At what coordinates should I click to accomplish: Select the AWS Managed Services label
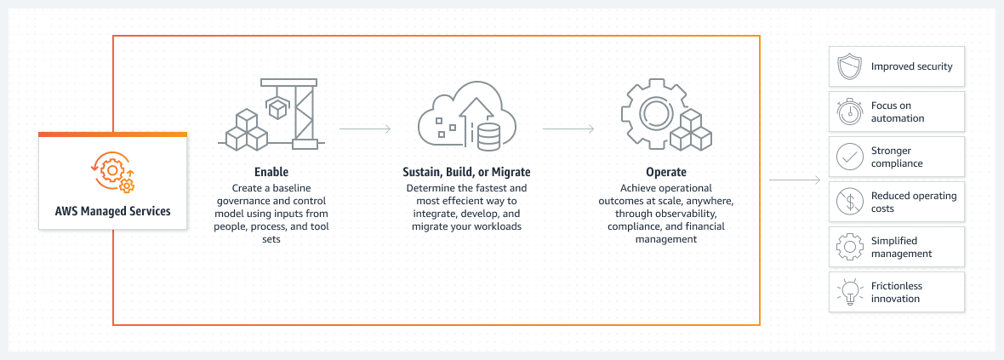pyautogui.click(x=113, y=211)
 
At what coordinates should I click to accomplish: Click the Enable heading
pyautogui.click(x=271, y=172)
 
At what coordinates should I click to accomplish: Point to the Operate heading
pyautogui.click(x=666, y=173)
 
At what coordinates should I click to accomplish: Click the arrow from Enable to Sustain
pyautogui.click(x=365, y=129)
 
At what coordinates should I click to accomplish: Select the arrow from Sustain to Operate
pyautogui.click(x=568, y=129)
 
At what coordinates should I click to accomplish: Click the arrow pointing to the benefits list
pyautogui.click(x=795, y=180)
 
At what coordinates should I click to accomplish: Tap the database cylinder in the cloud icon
pyautogui.click(x=488, y=135)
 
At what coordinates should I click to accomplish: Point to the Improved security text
pyautogui.click(x=911, y=66)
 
